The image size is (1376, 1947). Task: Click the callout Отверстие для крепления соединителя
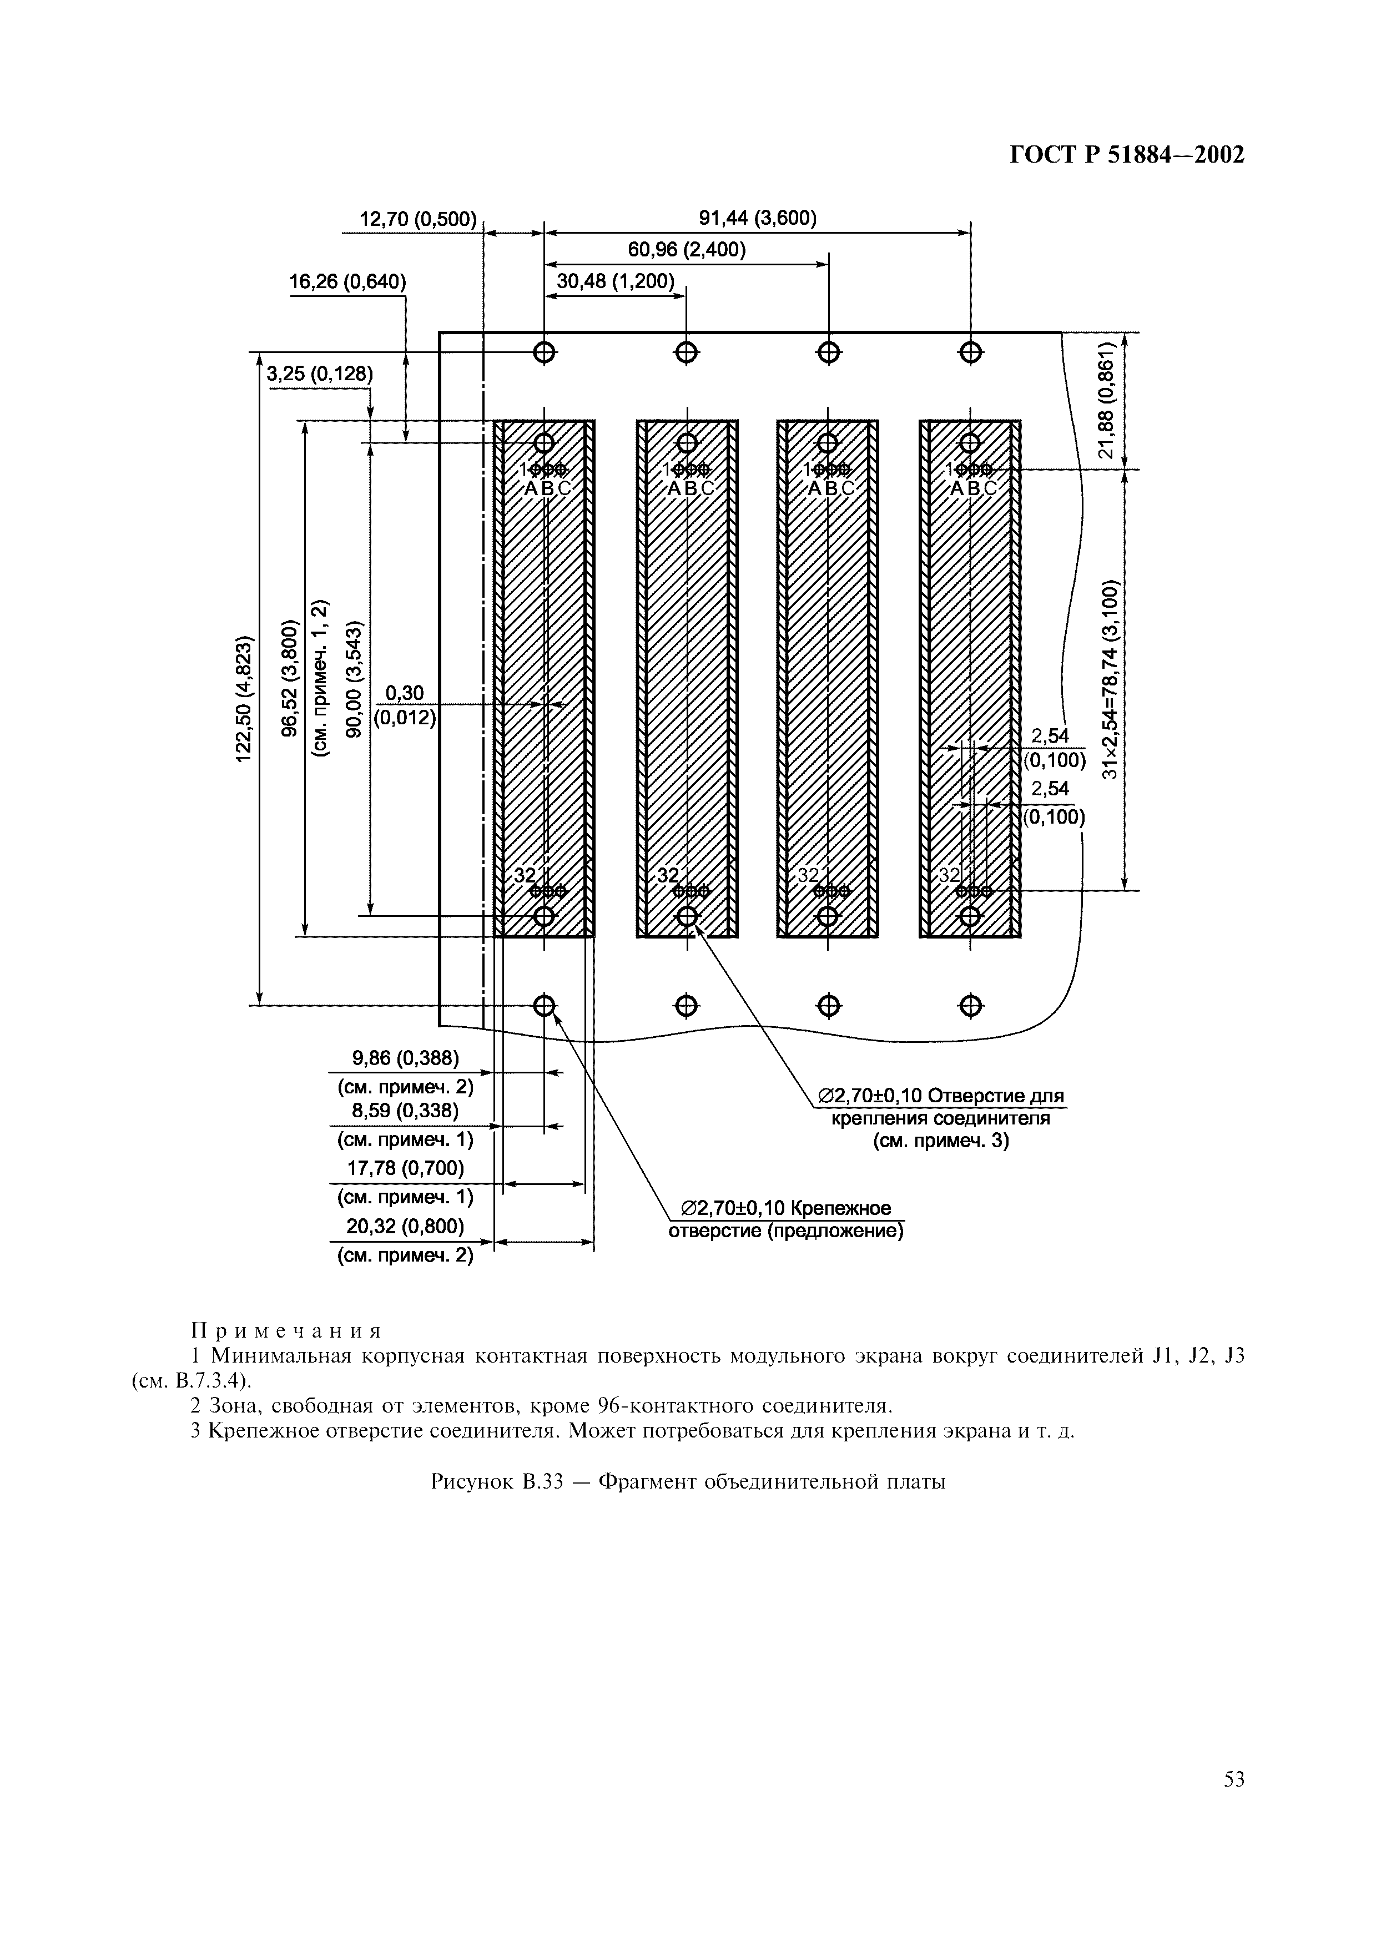click(x=940, y=1118)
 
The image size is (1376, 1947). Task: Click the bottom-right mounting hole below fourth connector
click(x=971, y=1006)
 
